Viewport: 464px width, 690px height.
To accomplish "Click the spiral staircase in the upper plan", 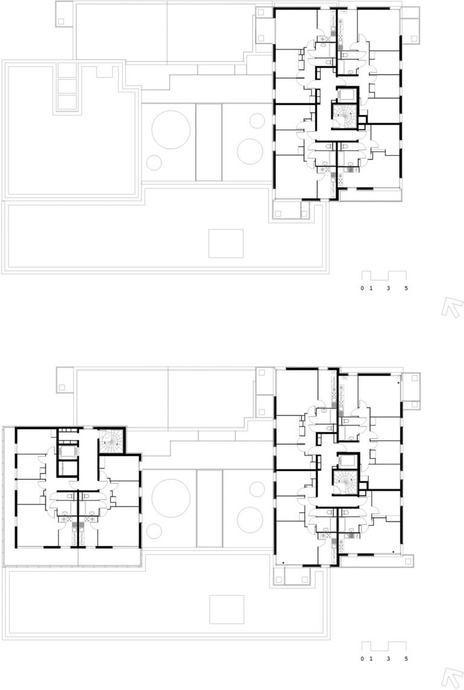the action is (344, 116).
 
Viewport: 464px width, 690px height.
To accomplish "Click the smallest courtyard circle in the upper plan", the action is (153, 162).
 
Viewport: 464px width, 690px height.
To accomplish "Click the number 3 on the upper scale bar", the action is (388, 289).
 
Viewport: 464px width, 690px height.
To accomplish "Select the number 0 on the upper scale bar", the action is (362, 289).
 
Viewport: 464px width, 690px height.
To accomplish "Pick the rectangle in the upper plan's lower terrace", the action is (226, 243).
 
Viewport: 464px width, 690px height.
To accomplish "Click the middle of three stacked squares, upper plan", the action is (67, 86).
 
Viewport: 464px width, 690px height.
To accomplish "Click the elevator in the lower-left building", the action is (67, 452).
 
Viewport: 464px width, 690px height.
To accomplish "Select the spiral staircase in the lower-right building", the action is (344, 480).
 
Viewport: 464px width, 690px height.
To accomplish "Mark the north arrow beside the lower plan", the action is (452, 677).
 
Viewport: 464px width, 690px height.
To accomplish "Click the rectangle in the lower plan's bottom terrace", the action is (227, 610).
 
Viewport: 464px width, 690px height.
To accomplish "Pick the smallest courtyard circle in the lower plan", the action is (153, 529).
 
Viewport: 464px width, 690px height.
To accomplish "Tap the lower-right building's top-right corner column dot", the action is (398, 383).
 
